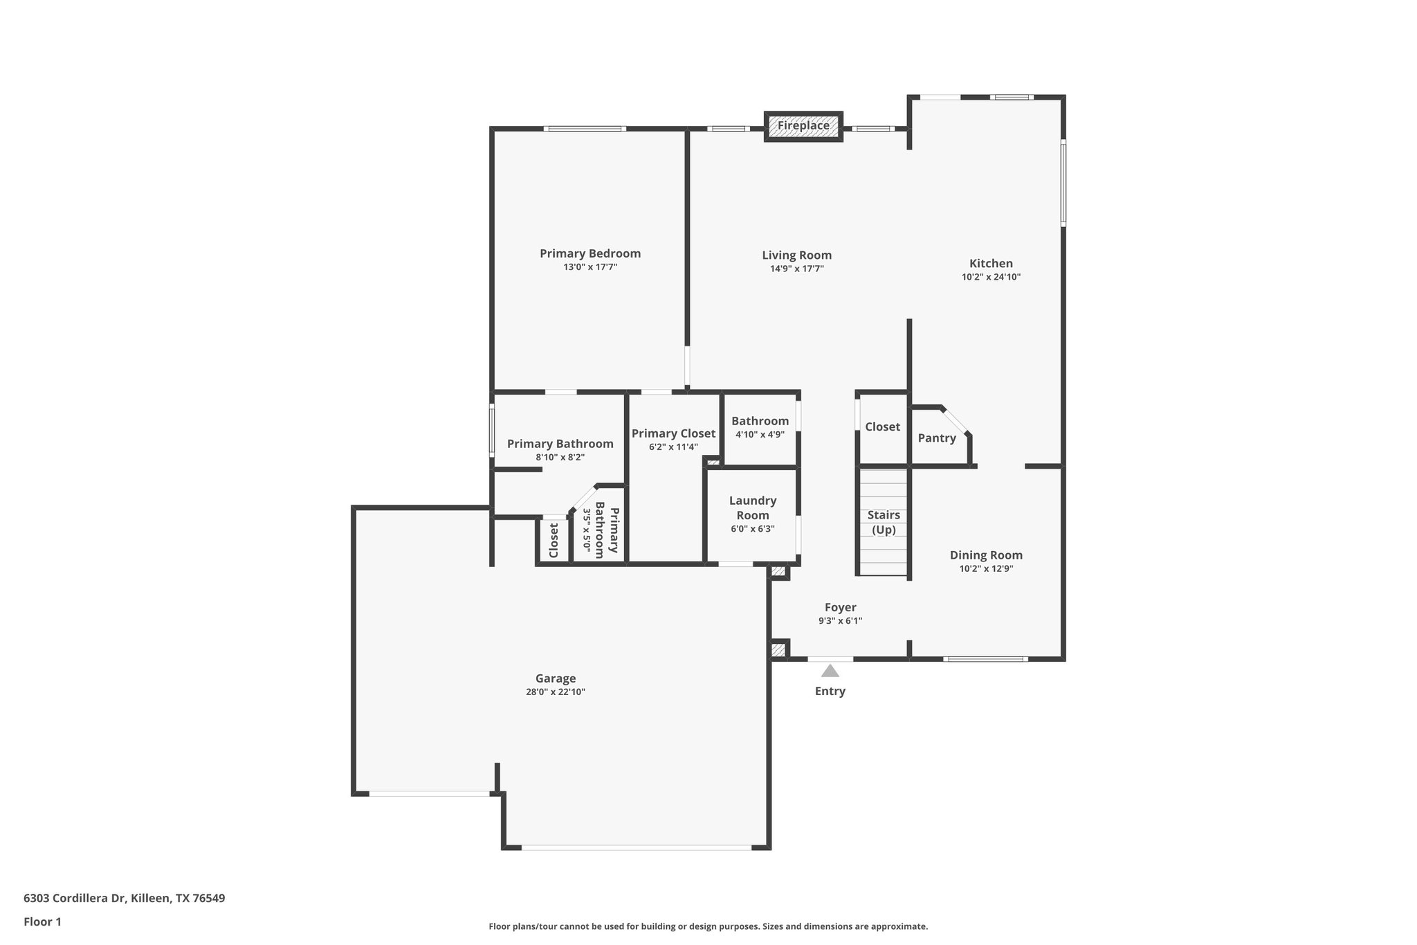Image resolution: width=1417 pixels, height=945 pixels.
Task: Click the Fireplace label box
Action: tap(803, 126)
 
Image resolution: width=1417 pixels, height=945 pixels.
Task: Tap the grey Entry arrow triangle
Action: tap(830, 671)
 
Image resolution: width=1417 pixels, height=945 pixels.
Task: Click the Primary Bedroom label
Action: tap(590, 253)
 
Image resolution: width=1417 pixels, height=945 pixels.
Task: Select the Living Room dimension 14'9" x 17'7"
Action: tap(796, 269)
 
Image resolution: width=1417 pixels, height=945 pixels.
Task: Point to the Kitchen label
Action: tap(991, 263)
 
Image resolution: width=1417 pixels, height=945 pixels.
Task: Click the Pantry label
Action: tap(937, 438)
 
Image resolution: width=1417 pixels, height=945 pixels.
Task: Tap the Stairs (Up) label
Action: tap(884, 522)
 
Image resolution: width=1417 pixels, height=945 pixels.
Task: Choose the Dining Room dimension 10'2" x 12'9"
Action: tap(986, 568)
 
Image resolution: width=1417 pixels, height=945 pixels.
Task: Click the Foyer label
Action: tap(840, 607)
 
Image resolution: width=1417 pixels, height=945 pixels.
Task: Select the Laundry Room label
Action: tap(753, 507)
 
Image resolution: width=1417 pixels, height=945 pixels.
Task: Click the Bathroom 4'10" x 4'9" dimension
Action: tap(760, 435)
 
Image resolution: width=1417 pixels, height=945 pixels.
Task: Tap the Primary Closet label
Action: tap(673, 433)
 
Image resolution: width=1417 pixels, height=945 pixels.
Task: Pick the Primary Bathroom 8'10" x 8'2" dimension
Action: tap(560, 457)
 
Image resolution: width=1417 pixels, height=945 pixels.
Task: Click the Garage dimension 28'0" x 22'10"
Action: tap(555, 692)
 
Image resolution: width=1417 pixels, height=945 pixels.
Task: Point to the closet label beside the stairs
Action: tap(882, 426)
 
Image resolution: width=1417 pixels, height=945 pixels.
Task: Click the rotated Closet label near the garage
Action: tap(554, 540)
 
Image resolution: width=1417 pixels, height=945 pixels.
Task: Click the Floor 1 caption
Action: tap(42, 921)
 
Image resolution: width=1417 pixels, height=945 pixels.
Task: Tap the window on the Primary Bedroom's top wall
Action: tap(585, 129)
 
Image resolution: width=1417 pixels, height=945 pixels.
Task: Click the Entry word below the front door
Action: tap(830, 691)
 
